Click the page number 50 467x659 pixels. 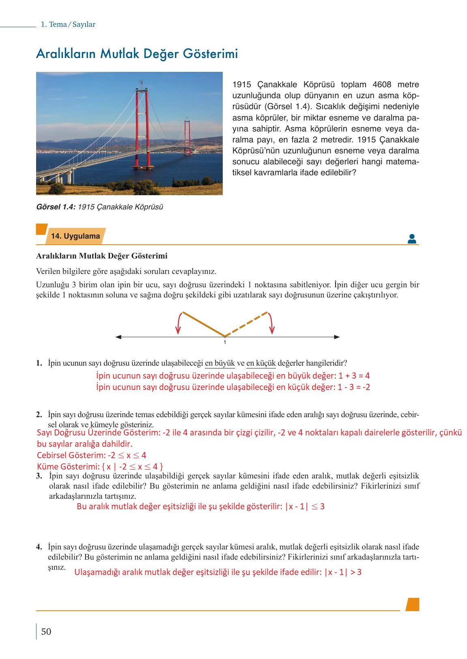pyautogui.click(x=46, y=631)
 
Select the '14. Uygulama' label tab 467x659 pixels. pyautogui.click(x=75, y=236)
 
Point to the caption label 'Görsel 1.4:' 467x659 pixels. pyautogui.click(x=56, y=207)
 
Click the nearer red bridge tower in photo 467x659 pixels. pyautogui.click(x=142, y=122)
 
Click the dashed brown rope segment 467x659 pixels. pyautogui.click(x=246, y=324)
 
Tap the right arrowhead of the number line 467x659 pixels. pyautogui.click(x=336, y=336)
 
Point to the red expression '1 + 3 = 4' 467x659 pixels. pyautogui.click(x=354, y=376)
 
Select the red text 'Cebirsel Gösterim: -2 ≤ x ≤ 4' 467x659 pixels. pyautogui.click(x=91, y=455)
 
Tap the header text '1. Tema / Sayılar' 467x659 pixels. pyautogui.click(x=68, y=24)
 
